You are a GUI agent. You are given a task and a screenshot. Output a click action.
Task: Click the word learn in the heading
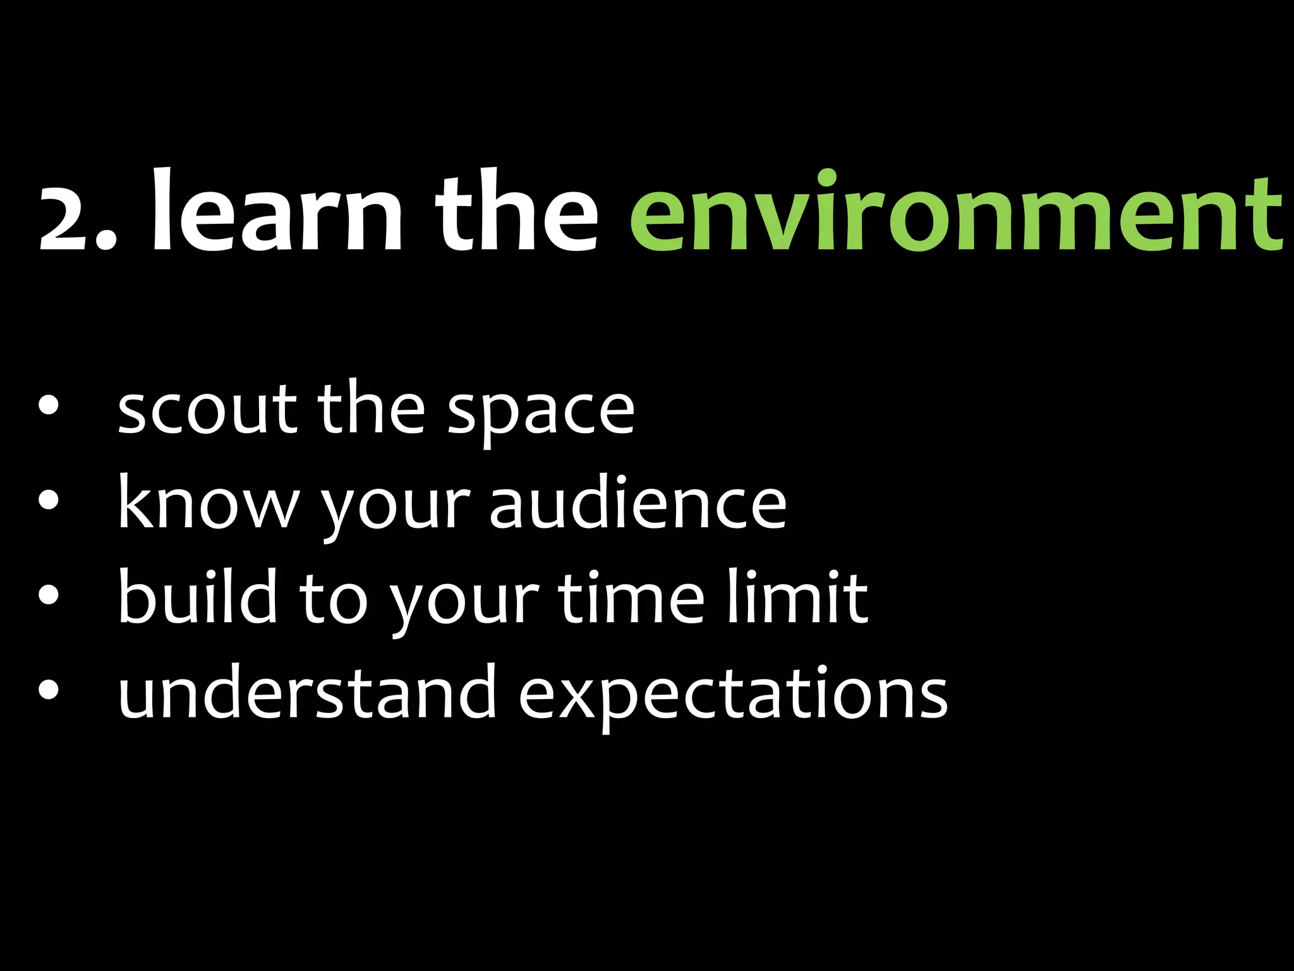tap(276, 212)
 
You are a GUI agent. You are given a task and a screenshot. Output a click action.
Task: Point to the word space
tap(541, 414)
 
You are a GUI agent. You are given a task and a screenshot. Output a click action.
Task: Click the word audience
tap(638, 503)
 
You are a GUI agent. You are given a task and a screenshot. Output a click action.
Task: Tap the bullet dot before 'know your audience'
tap(48, 501)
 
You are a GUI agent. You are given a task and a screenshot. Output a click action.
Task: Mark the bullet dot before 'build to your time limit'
tap(48, 595)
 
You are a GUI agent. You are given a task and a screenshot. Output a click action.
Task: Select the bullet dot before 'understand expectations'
tap(48, 690)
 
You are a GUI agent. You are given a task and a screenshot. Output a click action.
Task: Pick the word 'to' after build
tap(333, 597)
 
